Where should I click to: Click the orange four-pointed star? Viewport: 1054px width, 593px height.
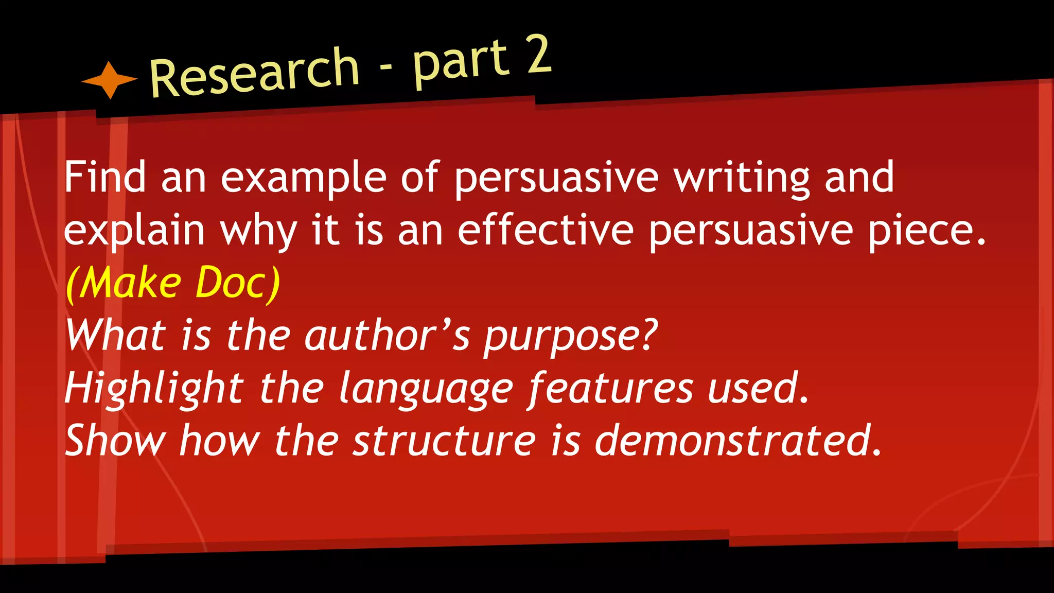coord(110,80)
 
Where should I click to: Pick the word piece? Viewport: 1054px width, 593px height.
coord(927,232)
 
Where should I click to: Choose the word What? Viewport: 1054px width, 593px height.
coord(116,335)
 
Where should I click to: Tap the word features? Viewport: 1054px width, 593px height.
coord(610,389)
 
